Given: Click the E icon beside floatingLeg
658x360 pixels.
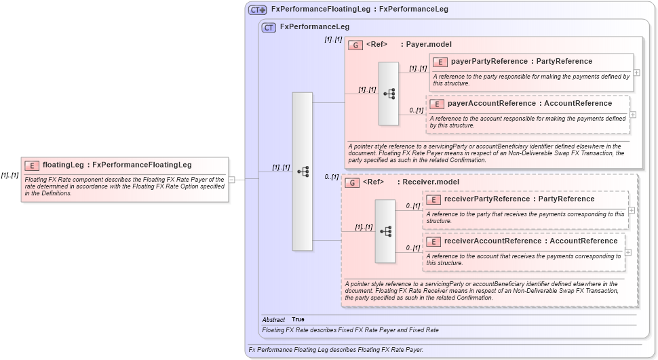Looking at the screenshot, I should point(31,165).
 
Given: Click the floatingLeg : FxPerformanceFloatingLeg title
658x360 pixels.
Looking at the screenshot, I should point(117,165).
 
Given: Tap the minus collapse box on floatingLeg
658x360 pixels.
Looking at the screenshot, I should point(232,180).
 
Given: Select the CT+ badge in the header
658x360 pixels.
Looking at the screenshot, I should point(258,9).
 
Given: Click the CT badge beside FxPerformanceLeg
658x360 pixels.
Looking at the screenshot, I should point(269,27).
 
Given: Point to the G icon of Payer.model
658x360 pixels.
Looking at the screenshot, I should point(355,45).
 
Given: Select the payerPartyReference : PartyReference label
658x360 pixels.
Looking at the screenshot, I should point(521,62).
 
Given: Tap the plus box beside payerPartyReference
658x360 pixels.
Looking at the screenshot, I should point(637,72).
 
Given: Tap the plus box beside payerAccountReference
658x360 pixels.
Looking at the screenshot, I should point(633,114).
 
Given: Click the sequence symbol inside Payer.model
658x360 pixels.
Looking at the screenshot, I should point(389,94).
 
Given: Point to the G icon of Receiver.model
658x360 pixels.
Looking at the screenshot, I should point(351,182).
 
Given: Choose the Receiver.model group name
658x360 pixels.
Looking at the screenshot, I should point(431,182).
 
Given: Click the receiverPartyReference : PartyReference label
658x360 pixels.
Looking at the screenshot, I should point(518,199).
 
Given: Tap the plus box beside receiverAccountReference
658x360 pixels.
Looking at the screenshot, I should point(628,252).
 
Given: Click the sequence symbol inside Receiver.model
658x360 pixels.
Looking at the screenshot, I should point(385,231).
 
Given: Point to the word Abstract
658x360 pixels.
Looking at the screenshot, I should point(273,320).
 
